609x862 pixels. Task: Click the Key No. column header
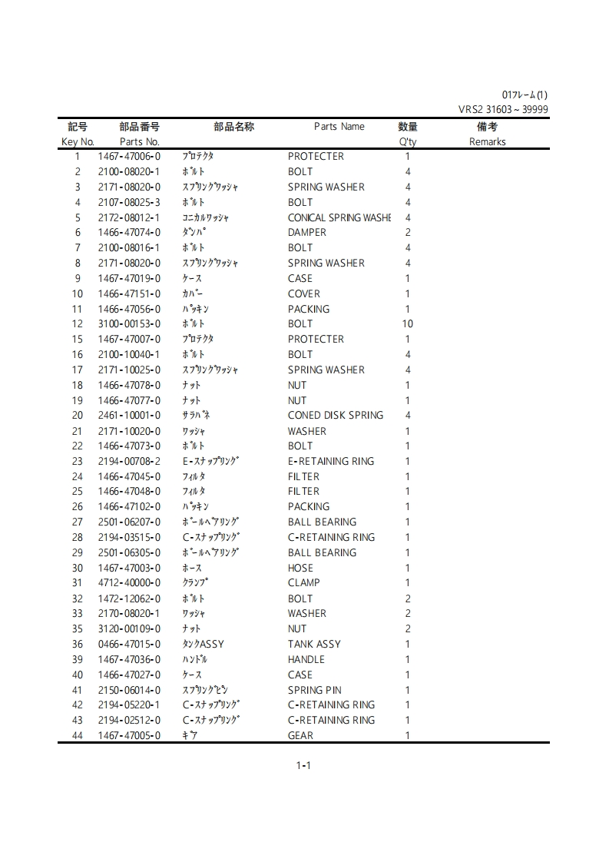click(78, 142)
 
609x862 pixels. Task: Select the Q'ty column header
click(408, 142)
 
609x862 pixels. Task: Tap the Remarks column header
click(487, 142)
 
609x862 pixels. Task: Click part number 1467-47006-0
click(129, 157)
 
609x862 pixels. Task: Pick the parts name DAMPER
click(306, 233)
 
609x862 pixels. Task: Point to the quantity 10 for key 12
click(408, 324)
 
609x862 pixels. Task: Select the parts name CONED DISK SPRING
click(335, 416)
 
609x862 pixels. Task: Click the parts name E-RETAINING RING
click(331, 462)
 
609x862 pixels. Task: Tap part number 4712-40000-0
click(129, 583)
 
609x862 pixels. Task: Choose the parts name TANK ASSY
click(314, 645)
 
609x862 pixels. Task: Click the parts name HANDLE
click(306, 660)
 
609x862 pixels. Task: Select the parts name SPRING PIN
click(314, 691)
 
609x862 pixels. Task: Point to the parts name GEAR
click(300, 736)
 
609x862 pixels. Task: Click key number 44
click(78, 736)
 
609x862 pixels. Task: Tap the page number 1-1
click(303, 765)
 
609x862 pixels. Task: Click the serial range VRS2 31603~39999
click(503, 110)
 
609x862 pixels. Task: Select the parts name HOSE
click(300, 569)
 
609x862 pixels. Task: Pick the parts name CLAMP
click(303, 583)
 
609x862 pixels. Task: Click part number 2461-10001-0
click(129, 416)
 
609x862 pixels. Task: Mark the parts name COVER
click(303, 294)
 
